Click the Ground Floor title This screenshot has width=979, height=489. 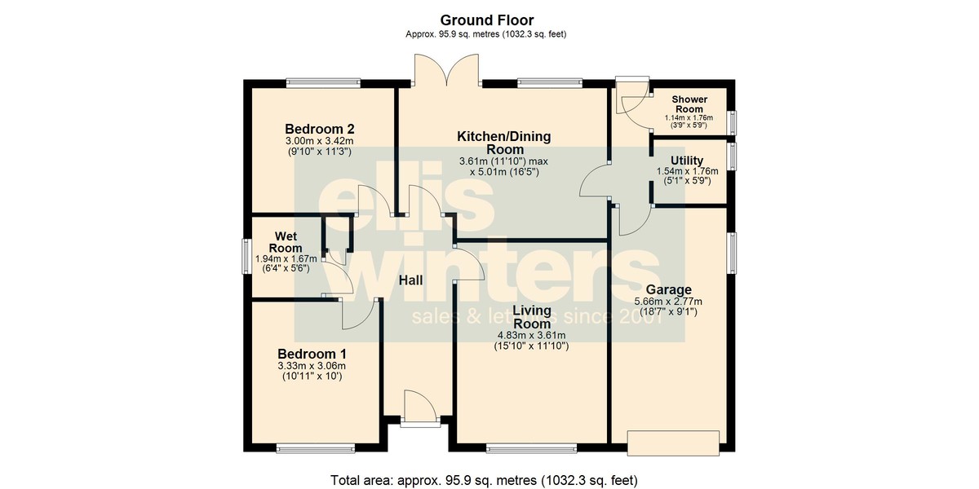point(487,20)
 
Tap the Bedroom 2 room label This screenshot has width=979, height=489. point(320,129)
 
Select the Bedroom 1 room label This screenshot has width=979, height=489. point(312,354)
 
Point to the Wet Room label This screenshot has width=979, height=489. point(286,242)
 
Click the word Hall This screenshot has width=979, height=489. point(411,280)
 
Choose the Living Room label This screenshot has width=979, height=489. point(531,317)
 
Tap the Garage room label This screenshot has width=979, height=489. point(669,290)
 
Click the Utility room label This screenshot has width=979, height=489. point(687,161)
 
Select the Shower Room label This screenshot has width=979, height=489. point(689,104)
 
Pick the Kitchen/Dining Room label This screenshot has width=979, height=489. point(504,143)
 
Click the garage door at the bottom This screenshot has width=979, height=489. point(673,443)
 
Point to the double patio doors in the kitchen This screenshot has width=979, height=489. point(447,70)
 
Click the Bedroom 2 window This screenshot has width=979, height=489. point(323,83)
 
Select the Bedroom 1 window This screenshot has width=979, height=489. point(315,447)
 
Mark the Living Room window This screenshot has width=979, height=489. point(531,447)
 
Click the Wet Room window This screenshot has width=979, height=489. point(247,256)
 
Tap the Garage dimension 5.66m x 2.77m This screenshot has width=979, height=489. point(668,302)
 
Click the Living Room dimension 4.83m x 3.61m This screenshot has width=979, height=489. point(531,336)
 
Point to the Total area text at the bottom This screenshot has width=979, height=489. point(484,480)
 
